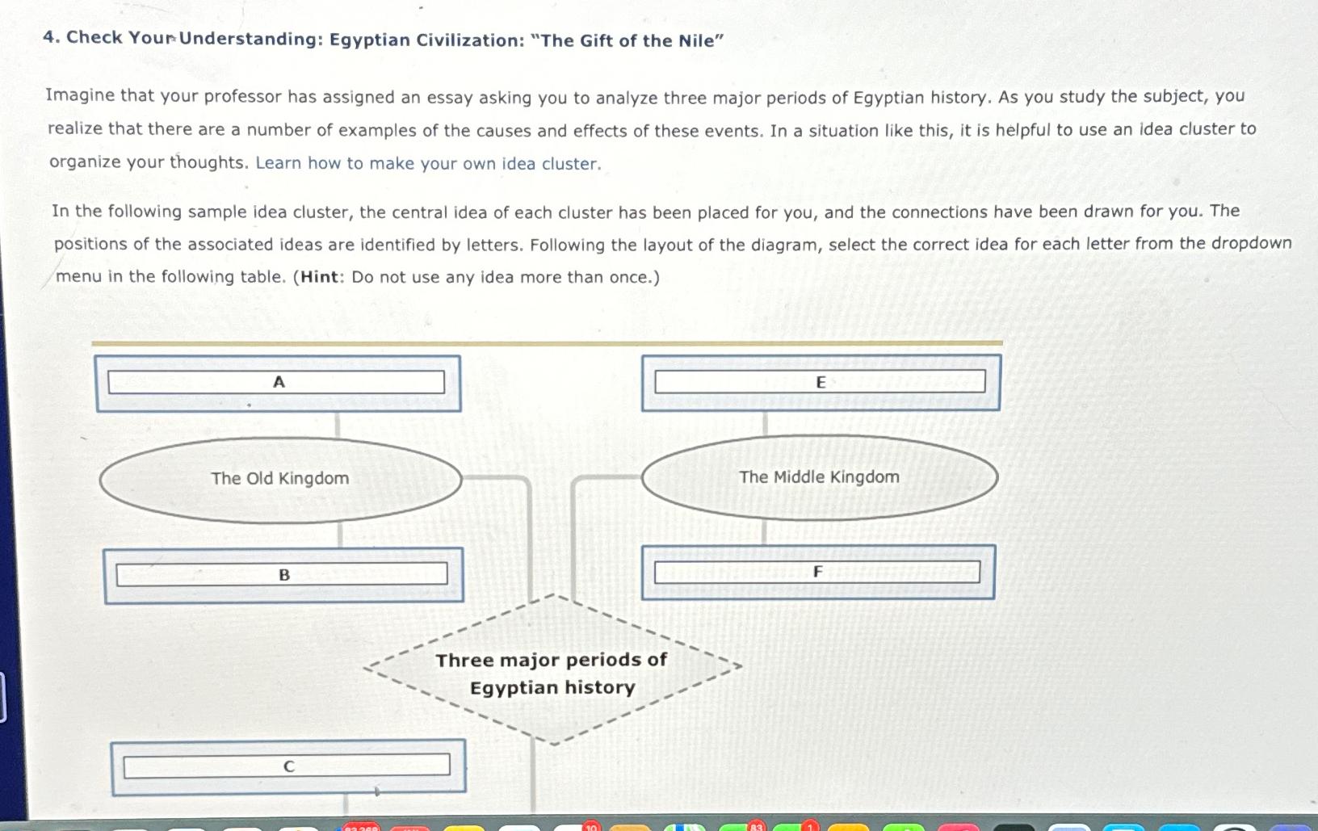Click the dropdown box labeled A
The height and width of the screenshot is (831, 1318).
coord(276,382)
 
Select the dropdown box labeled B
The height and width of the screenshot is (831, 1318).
coord(282,574)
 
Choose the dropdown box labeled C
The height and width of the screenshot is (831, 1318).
coord(287,766)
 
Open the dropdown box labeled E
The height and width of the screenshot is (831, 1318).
coord(820,382)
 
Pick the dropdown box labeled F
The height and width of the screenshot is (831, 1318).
coord(816,572)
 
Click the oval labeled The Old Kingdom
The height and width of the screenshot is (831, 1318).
coord(280,479)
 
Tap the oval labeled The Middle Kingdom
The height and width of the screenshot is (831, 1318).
coord(819,477)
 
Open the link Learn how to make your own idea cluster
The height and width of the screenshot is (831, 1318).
coord(428,163)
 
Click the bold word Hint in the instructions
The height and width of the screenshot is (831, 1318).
coord(319,277)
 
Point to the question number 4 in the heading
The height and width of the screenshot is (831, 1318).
coord(50,37)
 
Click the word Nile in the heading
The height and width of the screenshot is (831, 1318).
coord(696,41)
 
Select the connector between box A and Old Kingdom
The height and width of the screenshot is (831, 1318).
coord(337,425)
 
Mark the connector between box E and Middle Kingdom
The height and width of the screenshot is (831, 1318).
coord(765,423)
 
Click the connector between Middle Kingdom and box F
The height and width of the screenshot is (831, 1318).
coord(764,532)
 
